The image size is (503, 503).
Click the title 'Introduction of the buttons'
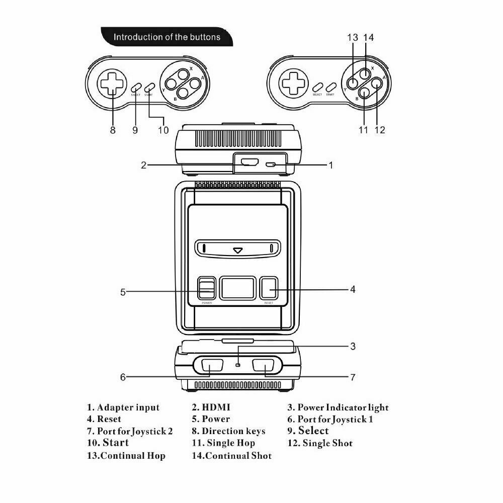point(166,37)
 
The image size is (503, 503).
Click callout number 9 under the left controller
point(135,130)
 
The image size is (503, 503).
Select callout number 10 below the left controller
point(162,130)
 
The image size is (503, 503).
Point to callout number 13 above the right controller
point(353,38)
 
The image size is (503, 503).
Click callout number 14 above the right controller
point(369,38)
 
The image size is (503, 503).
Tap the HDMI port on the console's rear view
point(249,163)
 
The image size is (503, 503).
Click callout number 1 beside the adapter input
point(330,164)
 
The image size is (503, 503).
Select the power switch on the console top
point(207,289)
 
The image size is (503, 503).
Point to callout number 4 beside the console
point(353,289)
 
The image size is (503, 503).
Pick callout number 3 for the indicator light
point(353,346)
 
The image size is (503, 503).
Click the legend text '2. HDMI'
point(211,407)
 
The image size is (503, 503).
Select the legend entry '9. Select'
point(308,431)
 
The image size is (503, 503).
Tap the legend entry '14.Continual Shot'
point(231,456)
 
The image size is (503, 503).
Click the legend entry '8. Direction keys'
point(228,431)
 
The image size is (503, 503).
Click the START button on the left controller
point(148,87)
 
